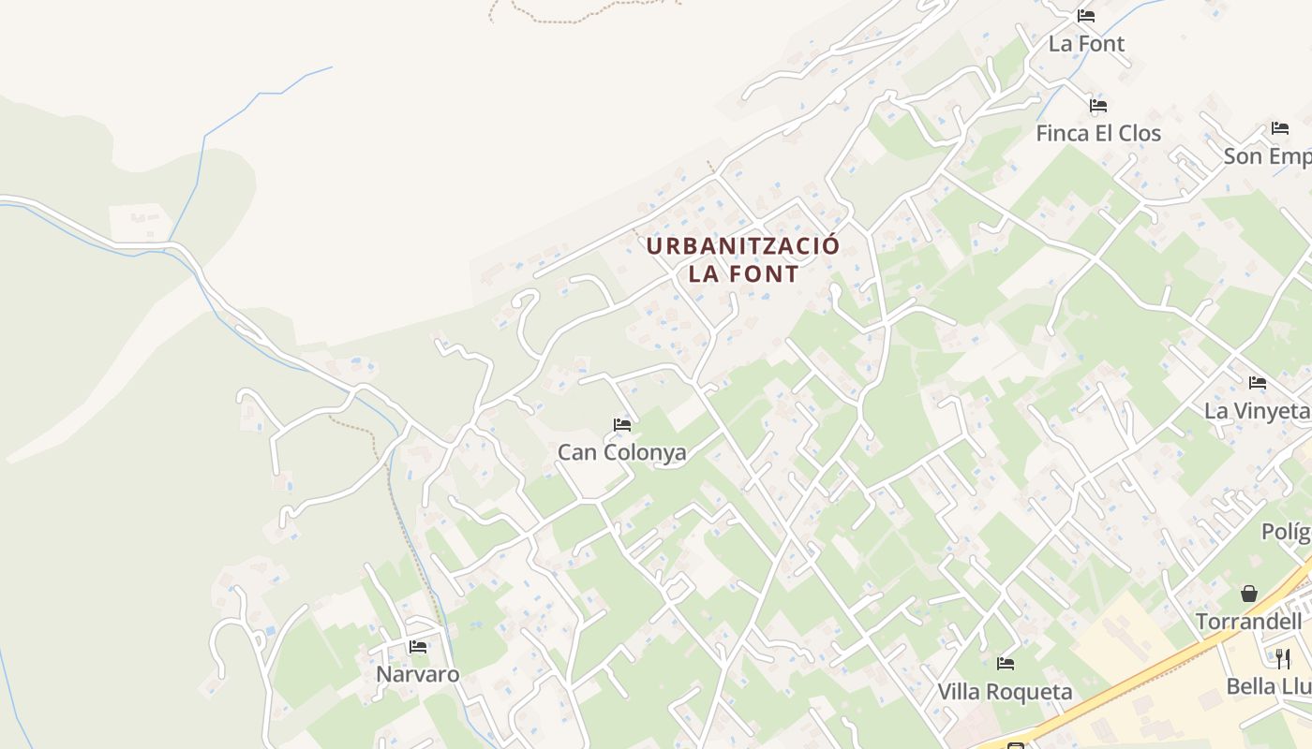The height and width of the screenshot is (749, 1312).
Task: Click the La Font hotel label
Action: (x=1086, y=43)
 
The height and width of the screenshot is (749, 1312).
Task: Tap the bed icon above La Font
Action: (x=1086, y=15)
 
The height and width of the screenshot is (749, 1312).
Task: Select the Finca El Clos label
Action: (x=1097, y=133)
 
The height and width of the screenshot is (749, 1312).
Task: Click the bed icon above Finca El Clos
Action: (x=1098, y=105)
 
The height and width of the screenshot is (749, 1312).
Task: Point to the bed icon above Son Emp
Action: (x=1279, y=127)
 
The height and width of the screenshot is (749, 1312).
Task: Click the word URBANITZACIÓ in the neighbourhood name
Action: (x=743, y=246)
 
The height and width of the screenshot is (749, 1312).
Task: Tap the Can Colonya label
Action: (x=621, y=452)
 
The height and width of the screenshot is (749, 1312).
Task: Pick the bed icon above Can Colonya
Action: (x=621, y=424)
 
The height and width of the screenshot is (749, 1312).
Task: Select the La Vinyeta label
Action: (x=1256, y=411)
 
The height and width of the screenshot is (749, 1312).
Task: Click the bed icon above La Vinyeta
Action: (x=1257, y=382)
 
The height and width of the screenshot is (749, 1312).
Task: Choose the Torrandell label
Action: (x=1248, y=622)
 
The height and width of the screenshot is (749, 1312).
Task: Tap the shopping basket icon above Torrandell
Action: (x=1248, y=594)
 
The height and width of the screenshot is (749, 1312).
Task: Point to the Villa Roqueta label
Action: (x=1005, y=692)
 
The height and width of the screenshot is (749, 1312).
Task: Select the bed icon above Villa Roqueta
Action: (x=1006, y=664)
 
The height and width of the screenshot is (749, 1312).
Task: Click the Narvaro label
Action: (x=417, y=674)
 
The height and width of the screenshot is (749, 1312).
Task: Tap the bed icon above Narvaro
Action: (x=417, y=646)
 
